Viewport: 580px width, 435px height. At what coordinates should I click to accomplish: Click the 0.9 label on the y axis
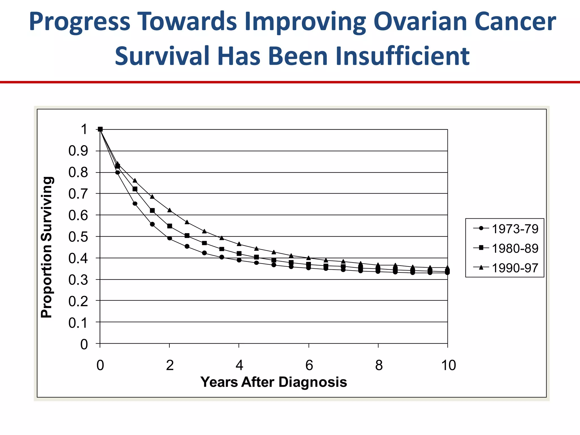(x=78, y=151)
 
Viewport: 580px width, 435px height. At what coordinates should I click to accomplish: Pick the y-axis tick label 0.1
(x=78, y=323)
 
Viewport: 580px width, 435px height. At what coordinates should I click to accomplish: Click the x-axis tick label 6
(x=309, y=365)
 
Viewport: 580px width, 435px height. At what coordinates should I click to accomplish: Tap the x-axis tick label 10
(x=448, y=365)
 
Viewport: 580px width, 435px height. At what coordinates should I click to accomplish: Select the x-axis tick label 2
(x=170, y=365)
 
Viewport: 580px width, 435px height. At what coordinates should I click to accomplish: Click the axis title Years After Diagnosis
(x=274, y=382)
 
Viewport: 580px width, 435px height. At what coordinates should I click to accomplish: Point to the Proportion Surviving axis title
(x=47, y=247)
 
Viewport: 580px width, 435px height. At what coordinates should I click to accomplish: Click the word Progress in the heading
(x=80, y=22)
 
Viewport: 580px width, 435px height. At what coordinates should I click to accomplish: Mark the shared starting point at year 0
(x=100, y=129)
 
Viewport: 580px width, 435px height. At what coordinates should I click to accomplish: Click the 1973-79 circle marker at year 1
(x=135, y=204)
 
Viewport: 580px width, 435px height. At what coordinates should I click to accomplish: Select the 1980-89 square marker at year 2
(x=170, y=226)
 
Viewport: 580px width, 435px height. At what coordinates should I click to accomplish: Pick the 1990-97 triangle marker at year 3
(x=204, y=231)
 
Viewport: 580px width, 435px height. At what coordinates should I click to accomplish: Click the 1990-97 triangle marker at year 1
(x=135, y=180)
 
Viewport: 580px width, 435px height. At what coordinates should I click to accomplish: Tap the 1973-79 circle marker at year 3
(x=204, y=253)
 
